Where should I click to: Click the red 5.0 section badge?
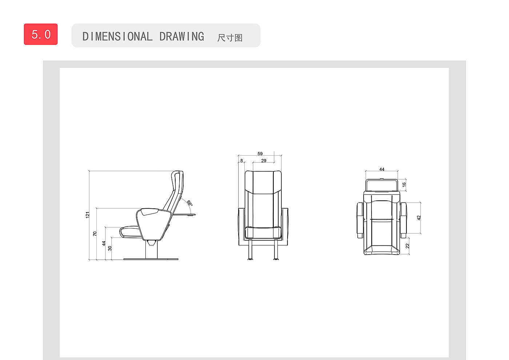coord(41,34)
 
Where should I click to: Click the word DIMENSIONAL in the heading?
coord(117,37)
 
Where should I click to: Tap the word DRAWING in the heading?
coord(181,37)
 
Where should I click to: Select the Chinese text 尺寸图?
coord(230,38)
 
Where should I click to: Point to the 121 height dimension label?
coord(88,215)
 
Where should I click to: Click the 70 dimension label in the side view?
coord(95,233)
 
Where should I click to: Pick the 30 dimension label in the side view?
coord(110,248)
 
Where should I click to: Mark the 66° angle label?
coord(189,203)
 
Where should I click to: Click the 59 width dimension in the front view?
coord(260,153)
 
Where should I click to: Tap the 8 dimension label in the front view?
coord(241,161)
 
